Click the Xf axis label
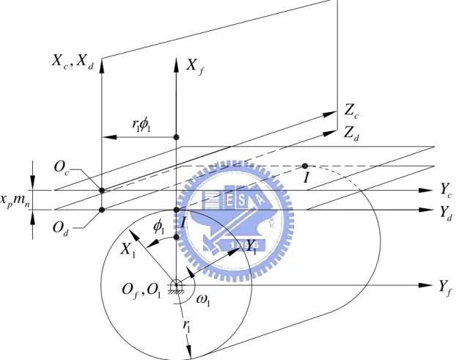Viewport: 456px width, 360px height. point(195,67)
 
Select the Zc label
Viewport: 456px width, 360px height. point(351,111)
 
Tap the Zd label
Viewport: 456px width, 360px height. point(351,133)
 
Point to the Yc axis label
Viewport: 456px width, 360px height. point(446,191)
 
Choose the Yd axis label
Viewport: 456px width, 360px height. point(446,213)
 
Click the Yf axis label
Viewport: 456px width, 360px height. point(446,287)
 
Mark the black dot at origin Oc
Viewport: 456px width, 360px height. point(102,191)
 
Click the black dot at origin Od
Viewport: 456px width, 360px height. point(102,210)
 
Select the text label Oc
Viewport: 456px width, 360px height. point(62,168)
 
